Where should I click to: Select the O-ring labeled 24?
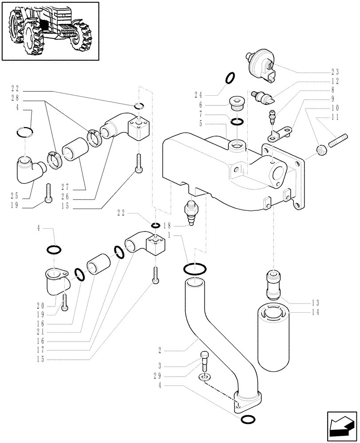coord(230,78)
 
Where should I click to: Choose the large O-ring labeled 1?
coord(193,268)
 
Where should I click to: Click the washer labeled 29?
coord(204,377)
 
